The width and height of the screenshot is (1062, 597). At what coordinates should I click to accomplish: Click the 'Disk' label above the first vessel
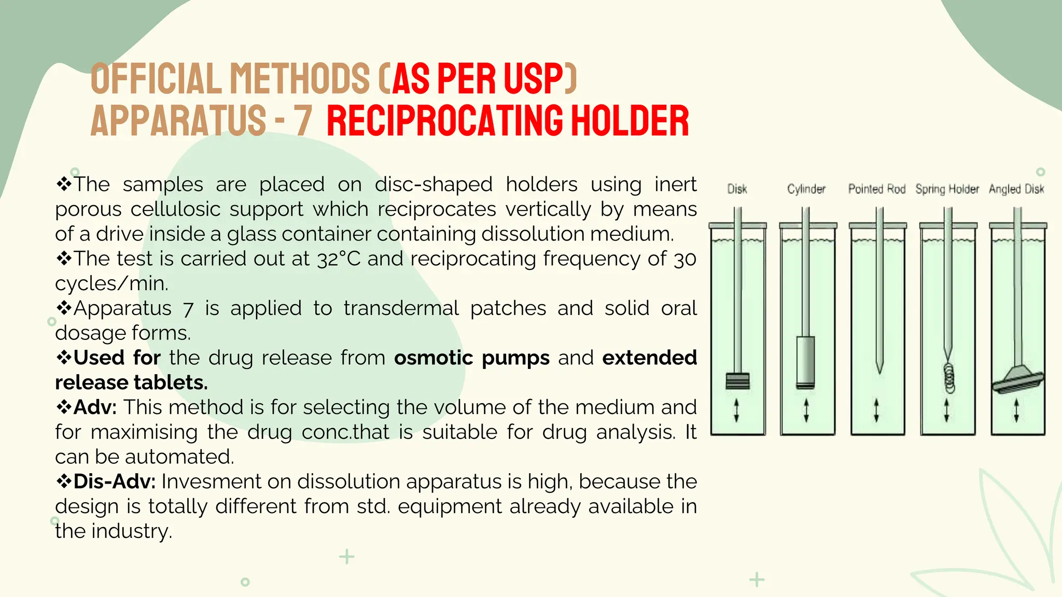click(737, 189)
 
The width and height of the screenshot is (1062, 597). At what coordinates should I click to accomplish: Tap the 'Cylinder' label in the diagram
click(806, 189)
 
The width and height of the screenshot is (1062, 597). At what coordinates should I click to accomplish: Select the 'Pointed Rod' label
click(876, 189)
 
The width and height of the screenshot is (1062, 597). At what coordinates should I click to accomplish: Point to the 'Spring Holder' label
click(947, 189)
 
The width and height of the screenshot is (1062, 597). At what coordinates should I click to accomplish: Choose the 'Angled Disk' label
click(1016, 189)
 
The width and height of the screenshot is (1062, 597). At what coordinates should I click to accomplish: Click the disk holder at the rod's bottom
click(737, 381)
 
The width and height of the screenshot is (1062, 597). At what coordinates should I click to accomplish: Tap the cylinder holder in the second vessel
click(805, 362)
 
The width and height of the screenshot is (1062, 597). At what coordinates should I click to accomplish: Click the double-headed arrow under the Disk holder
click(736, 410)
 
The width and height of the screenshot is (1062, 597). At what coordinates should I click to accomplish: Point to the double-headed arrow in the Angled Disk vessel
click(1016, 410)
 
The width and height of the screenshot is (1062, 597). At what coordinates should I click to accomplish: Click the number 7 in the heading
click(302, 121)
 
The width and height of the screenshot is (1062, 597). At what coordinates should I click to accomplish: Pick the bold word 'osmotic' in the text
click(433, 358)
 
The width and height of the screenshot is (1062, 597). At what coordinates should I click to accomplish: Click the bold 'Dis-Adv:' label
click(114, 481)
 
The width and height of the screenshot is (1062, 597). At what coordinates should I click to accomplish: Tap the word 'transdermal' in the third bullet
click(401, 308)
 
